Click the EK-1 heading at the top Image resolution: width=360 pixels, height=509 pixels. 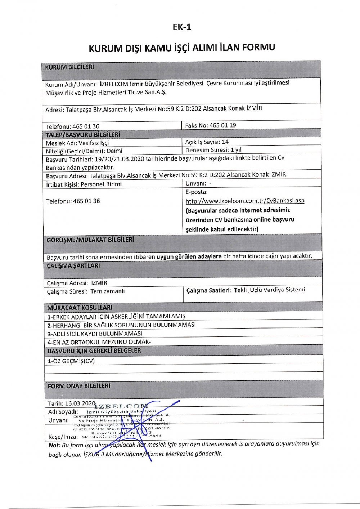coord(182,27)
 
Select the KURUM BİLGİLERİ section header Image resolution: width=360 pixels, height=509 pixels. coord(69,67)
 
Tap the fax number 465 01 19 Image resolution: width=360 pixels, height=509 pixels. coord(222,125)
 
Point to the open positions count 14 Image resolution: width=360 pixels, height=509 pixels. coord(225,142)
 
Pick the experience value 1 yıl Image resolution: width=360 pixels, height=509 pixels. coord(236,150)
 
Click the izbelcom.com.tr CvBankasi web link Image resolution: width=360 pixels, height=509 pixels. coord(245,201)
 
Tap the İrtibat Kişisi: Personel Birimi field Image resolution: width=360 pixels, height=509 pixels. coord(84,184)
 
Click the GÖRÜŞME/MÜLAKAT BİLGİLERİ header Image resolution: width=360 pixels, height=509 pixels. coord(90,240)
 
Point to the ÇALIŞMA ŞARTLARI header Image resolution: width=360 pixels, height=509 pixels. coord(73,266)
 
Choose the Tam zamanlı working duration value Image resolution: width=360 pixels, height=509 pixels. coord(107,291)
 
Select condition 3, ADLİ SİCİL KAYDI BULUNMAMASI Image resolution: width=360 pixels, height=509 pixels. coord(95,334)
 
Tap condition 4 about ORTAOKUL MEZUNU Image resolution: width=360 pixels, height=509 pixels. coord(99,342)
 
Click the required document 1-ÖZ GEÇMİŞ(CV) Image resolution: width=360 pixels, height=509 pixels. coord(71,361)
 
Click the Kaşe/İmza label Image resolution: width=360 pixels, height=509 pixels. coord(63,437)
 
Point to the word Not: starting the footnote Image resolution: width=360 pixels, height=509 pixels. coord(54,445)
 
